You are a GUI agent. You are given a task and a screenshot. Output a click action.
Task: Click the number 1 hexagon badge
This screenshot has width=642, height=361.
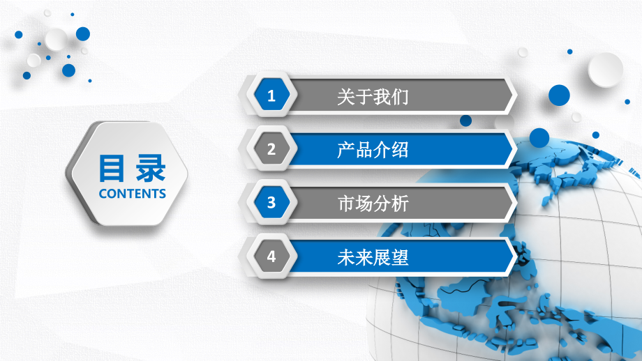click(x=271, y=97)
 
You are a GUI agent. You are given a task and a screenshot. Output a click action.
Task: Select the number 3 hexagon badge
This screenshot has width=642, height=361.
click(x=271, y=203)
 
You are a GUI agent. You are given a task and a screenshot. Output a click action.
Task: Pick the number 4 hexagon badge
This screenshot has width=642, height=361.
click(x=271, y=256)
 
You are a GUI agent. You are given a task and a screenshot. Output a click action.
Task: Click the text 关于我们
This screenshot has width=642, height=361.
click(x=372, y=97)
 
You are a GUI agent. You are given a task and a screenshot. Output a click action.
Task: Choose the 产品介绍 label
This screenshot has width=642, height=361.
click(x=372, y=150)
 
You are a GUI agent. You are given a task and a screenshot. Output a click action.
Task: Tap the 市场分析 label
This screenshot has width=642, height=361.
click(x=372, y=203)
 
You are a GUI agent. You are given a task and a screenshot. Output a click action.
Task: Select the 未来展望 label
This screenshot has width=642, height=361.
click(x=372, y=257)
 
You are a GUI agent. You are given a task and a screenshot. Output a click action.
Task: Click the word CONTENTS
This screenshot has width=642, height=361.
click(x=133, y=193)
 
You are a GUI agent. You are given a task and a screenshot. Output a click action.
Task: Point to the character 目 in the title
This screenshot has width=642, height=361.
click(x=112, y=168)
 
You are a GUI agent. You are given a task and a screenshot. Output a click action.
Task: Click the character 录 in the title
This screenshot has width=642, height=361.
click(x=151, y=168)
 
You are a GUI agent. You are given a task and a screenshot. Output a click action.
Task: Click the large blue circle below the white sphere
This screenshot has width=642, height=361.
click(x=559, y=95)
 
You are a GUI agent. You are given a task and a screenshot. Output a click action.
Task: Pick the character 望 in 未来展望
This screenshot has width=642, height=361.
click(x=399, y=257)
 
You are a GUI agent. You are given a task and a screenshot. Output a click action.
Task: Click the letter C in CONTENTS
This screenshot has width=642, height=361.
click(x=103, y=193)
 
